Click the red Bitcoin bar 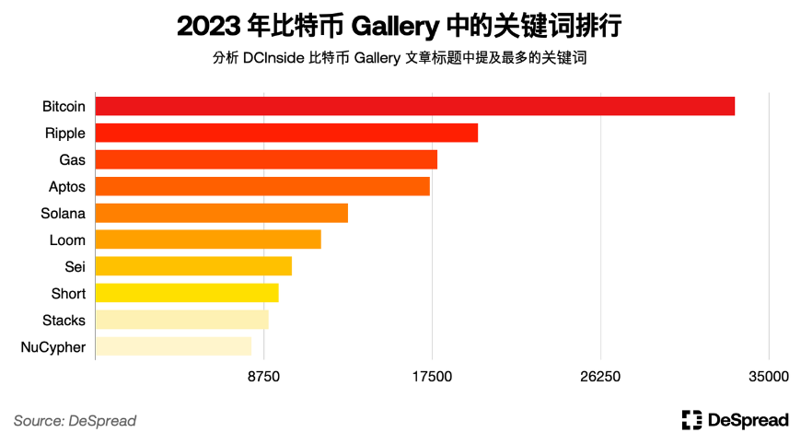[414, 106]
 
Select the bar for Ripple [286, 133]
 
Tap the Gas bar [266, 159]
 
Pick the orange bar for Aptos [262, 186]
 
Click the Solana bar [222, 213]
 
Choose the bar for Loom [208, 240]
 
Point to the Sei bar [193, 266]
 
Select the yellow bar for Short [187, 293]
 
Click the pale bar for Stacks [181, 320]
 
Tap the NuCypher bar [173, 346]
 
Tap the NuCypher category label [52, 347]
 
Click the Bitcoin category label [64, 107]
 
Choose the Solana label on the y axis [64, 214]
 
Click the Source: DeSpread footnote [75, 421]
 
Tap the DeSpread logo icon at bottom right [691, 420]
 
